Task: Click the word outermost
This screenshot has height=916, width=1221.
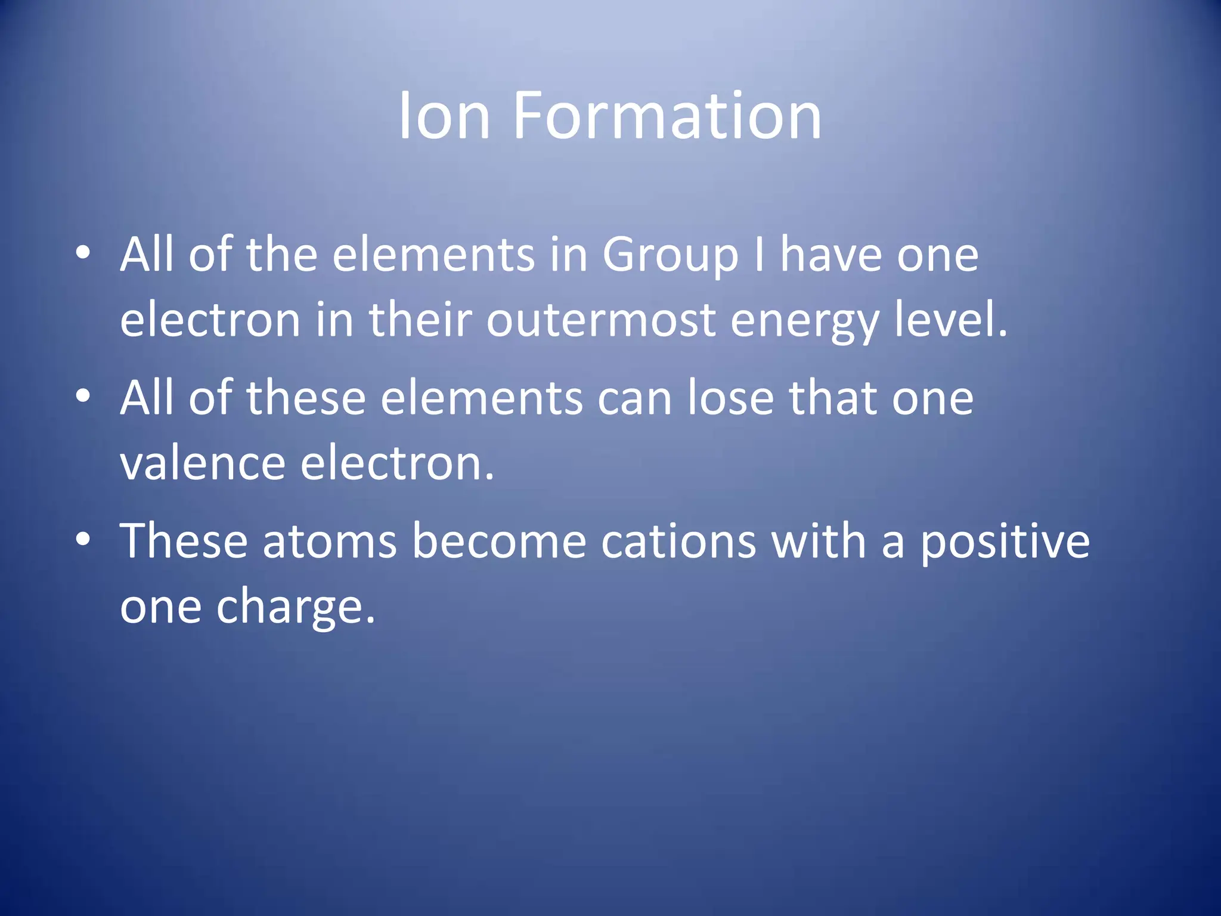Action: [601, 320]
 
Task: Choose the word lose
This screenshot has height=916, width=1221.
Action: [731, 398]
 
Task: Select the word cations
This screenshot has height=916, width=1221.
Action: [678, 541]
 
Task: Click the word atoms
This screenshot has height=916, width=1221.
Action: [329, 541]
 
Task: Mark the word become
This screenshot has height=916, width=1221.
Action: [499, 541]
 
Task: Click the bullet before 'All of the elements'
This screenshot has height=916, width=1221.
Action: [83, 253]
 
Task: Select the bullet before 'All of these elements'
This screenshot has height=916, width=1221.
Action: [83, 397]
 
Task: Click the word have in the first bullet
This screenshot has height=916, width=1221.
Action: [830, 255]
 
